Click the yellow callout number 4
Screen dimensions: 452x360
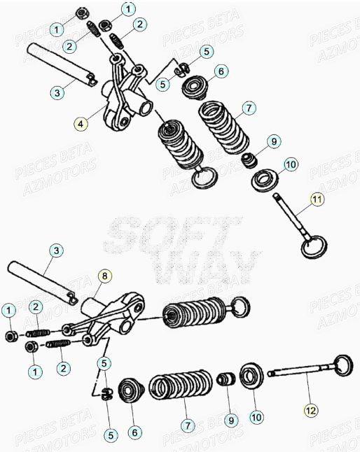pos(81,124)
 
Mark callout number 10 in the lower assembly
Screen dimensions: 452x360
pos(256,416)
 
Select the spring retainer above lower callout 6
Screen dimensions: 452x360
pos(130,389)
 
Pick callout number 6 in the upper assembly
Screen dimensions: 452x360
pos(220,71)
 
